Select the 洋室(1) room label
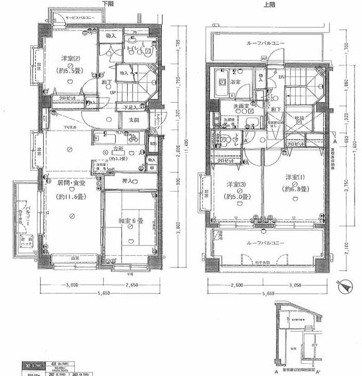click(294, 177)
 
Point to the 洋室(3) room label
click(236, 185)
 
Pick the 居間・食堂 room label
click(72, 183)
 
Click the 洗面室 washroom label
click(241, 107)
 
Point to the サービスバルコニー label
click(80, 18)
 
